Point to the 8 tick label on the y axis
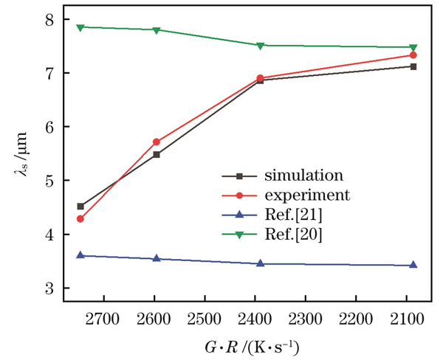[x=50, y=20]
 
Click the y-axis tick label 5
[x=50, y=181]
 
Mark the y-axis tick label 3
[x=50, y=288]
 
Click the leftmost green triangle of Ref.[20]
[x=80, y=27]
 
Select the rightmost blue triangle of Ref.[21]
[x=413, y=265]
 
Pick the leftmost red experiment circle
[x=80, y=218]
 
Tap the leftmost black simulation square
[x=80, y=207]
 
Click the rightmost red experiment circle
[x=413, y=55]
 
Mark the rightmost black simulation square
[x=413, y=66]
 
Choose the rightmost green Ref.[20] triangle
[x=413, y=48]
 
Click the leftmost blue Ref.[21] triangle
[x=80, y=255]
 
